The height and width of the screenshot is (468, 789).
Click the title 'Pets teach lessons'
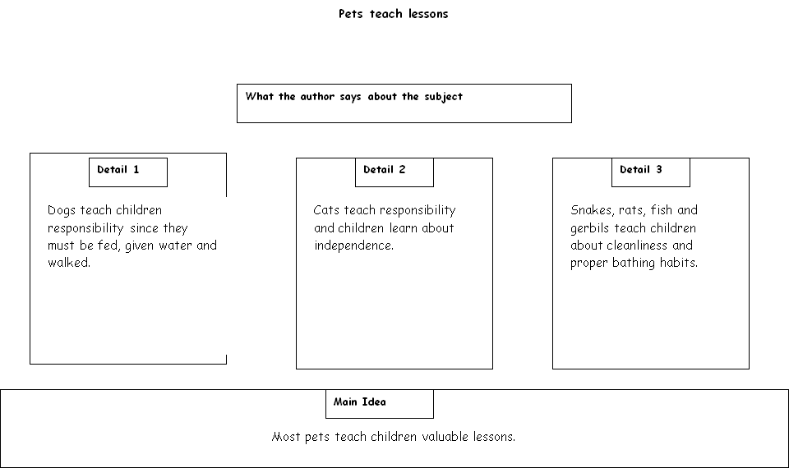coord(393,14)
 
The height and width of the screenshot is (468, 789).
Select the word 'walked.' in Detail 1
coord(69,263)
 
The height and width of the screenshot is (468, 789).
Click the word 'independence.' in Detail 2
coord(353,245)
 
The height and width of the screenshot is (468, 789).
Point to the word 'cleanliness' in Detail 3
coord(638,245)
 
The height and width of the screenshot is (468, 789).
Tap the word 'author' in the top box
coord(317,97)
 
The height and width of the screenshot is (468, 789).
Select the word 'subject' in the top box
coord(443,97)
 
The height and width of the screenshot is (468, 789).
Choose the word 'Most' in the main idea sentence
coord(286,436)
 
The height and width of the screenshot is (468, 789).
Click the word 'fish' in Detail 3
coord(661,210)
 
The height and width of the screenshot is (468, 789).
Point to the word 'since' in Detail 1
coord(144,228)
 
